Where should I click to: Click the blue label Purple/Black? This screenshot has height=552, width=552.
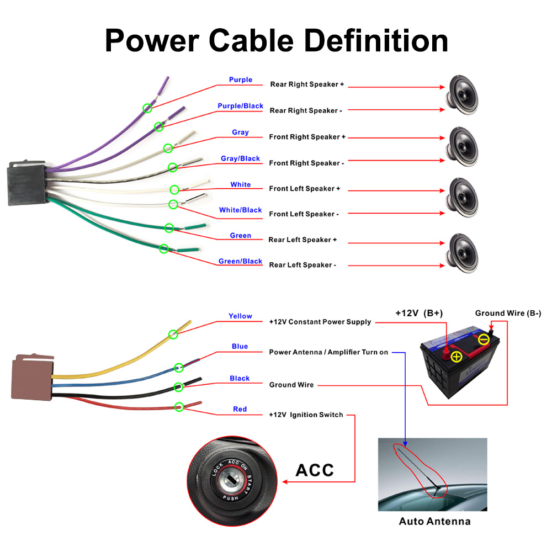pyautogui.click(x=240, y=106)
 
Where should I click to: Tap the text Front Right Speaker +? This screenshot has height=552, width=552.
pyautogui.click(x=307, y=137)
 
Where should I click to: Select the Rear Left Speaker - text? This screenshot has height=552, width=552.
pyautogui.click(x=302, y=265)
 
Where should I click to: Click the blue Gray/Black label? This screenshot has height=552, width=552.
pyautogui.click(x=240, y=158)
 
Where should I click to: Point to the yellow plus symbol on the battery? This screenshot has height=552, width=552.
pyautogui.click(x=456, y=357)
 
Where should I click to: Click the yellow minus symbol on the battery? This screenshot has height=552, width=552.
pyautogui.click(x=483, y=339)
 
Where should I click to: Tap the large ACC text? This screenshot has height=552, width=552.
pyautogui.click(x=315, y=470)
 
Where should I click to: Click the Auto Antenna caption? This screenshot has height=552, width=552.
pyautogui.click(x=434, y=521)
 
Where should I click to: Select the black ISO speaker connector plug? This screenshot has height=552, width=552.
pyautogui.click(x=24, y=184)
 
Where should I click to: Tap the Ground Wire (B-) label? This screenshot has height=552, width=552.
pyautogui.click(x=508, y=314)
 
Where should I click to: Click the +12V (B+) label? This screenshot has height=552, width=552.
pyautogui.click(x=419, y=313)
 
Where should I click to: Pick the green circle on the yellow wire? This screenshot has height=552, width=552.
pyautogui.click(x=173, y=334)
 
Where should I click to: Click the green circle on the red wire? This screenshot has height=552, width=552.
pyautogui.click(x=179, y=407)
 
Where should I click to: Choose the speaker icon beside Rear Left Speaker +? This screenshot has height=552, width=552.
pyautogui.click(x=462, y=252)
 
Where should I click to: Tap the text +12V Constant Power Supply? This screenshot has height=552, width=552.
pyautogui.click(x=320, y=322)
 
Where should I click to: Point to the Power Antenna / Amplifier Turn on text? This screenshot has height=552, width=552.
pyautogui.click(x=328, y=352)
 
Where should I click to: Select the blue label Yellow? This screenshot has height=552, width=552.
pyautogui.click(x=240, y=316)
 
